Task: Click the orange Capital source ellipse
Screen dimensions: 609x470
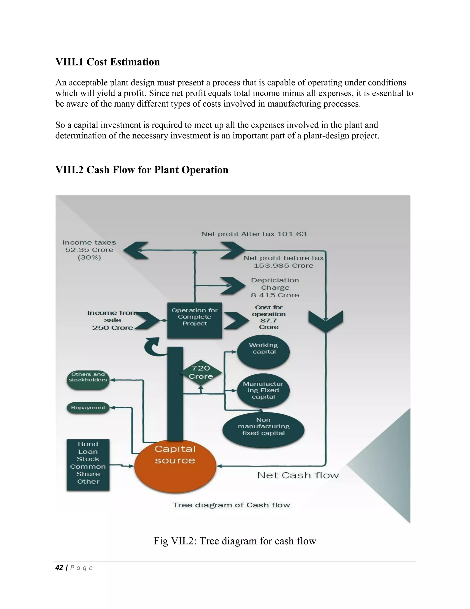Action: [x=175, y=466]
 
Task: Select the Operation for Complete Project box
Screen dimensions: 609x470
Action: [x=195, y=320]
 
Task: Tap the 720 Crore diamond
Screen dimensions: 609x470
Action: [x=201, y=372]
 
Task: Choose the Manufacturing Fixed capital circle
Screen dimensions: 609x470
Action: [x=263, y=390]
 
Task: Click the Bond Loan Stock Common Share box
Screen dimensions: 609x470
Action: [x=88, y=465]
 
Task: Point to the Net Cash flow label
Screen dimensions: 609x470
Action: [x=298, y=475]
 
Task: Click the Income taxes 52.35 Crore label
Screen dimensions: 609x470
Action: [x=89, y=250]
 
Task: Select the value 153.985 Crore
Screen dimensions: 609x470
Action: [x=283, y=266]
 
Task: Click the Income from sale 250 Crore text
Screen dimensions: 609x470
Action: [x=112, y=320]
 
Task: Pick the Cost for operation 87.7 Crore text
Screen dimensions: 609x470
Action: [x=269, y=317]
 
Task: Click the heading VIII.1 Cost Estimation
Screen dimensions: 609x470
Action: [x=108, y=62]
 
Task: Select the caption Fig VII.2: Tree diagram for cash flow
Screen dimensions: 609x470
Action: [x=235, y=541]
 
